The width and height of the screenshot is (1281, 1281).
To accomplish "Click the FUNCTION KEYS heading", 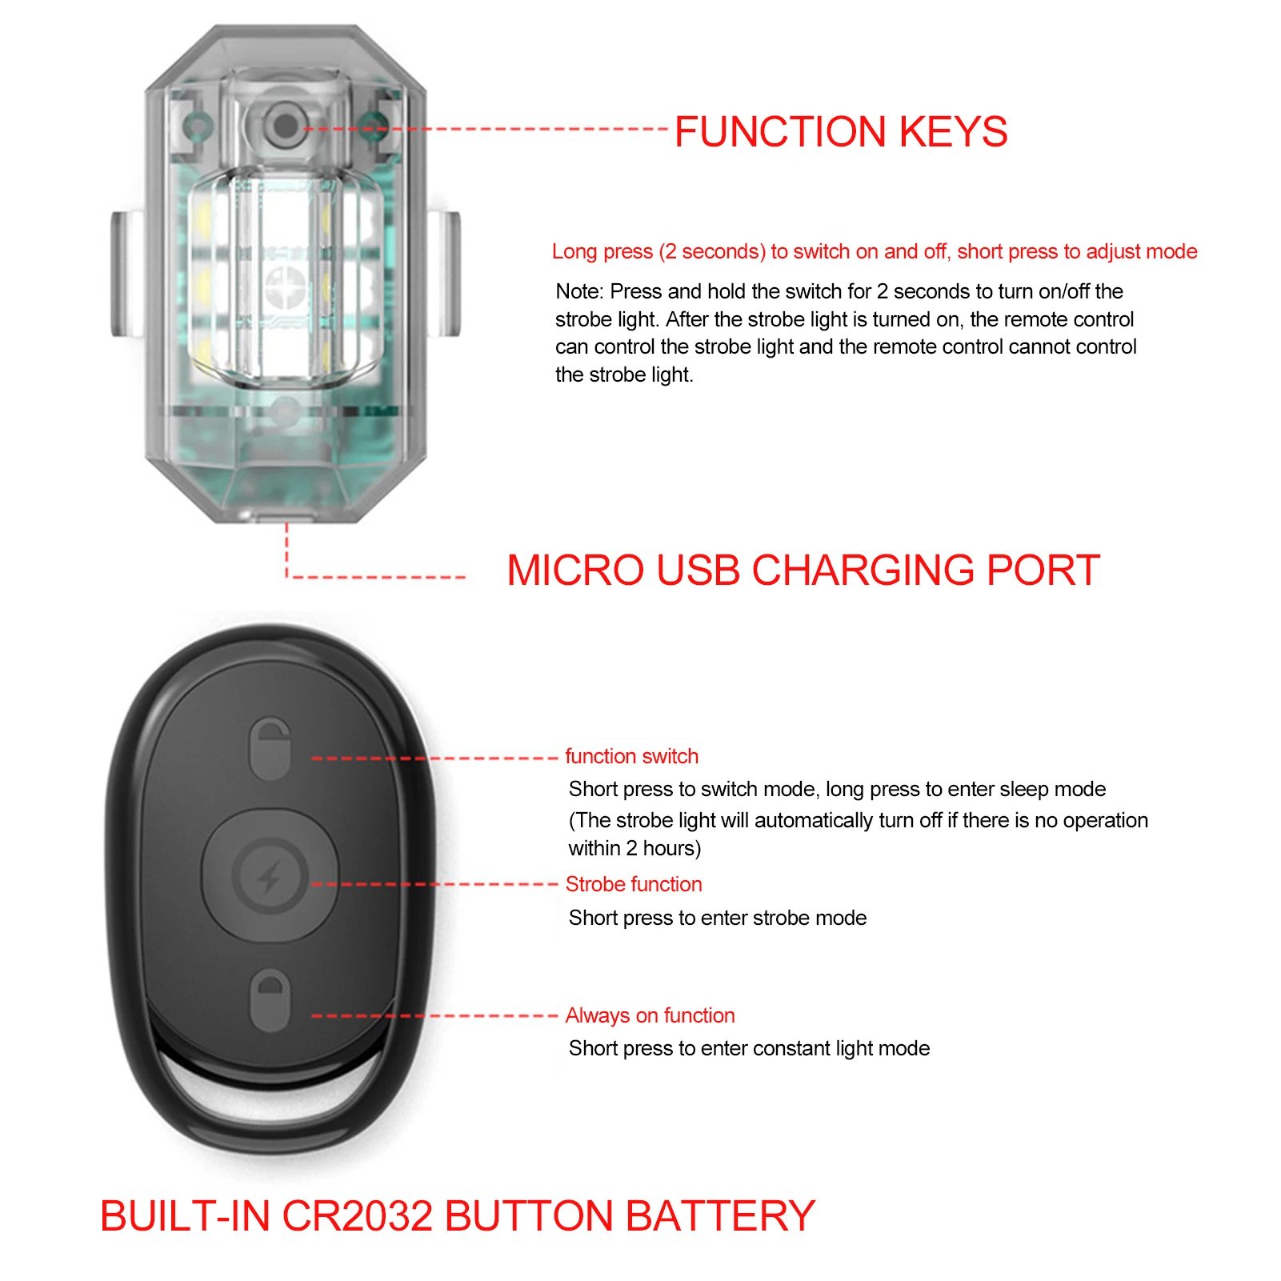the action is click(840, 132).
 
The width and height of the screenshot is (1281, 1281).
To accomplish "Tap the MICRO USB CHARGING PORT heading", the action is click(803, 570).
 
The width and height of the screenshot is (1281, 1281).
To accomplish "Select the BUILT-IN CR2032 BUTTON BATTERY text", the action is click(457, 1216).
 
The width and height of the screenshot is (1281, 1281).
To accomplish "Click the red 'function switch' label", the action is click(631, 756).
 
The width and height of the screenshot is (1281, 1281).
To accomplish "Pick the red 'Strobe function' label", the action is click(633, 884).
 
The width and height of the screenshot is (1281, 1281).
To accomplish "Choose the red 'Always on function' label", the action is click(650, 1015).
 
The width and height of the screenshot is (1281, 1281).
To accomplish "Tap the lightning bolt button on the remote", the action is click(270, 876).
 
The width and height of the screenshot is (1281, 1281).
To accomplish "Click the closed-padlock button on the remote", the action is click(270, 1001).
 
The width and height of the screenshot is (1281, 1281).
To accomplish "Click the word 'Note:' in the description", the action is click(579, 291).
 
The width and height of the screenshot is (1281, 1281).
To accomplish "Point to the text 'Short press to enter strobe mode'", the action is click(717, 918).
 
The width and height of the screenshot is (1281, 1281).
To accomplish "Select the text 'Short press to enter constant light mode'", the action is click(749, 1048).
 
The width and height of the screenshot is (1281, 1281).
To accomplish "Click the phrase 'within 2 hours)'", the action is click(634, 848).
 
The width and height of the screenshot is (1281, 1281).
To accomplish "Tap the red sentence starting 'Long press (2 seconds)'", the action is click(874, 251).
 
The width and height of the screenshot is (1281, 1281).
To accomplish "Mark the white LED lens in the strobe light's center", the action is click(285, 276).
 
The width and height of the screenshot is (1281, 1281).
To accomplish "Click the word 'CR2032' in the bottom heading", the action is click(358, 1216).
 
